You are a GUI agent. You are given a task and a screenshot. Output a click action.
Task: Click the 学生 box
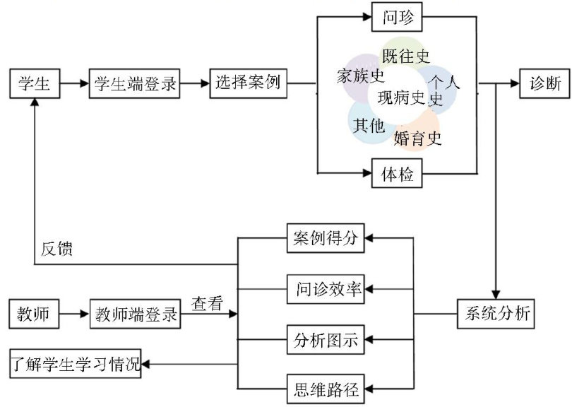coord(33,84)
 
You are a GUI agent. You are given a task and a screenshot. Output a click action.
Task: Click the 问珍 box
coord(397,18)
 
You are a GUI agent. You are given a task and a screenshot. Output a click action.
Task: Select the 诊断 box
coord(546,84)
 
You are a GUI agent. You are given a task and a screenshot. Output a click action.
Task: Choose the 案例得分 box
coord(326,239)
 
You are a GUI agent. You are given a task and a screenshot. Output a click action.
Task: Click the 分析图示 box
coord(326,341)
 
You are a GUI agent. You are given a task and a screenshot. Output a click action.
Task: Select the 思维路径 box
coord(326,388)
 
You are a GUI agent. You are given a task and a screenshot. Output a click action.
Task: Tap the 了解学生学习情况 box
coord(76,365)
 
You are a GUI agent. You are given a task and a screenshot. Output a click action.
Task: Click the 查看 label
coord(207,303)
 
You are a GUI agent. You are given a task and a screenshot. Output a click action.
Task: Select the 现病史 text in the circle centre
coord(400,97)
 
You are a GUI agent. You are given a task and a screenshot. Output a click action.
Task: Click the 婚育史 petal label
coord(418,138)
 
